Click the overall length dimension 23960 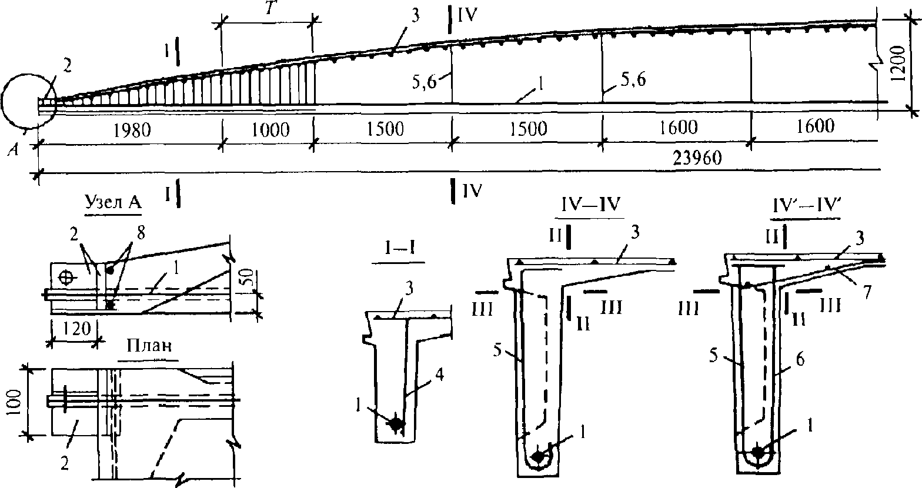click(x=697, y=158)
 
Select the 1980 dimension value click(x=132, y=131)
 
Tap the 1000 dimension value click(x=270, y=130)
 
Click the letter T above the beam click(x=269, y=9)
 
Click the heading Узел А click(x=113, y=203)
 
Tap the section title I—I click(x=398, y=249)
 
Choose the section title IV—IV click(x=589, y=205)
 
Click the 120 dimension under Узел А click(x=76, y=329)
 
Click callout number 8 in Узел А click(x=141, y=233)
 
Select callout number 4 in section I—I click(x=439, y=375)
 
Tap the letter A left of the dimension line click(x=14, y=150)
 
